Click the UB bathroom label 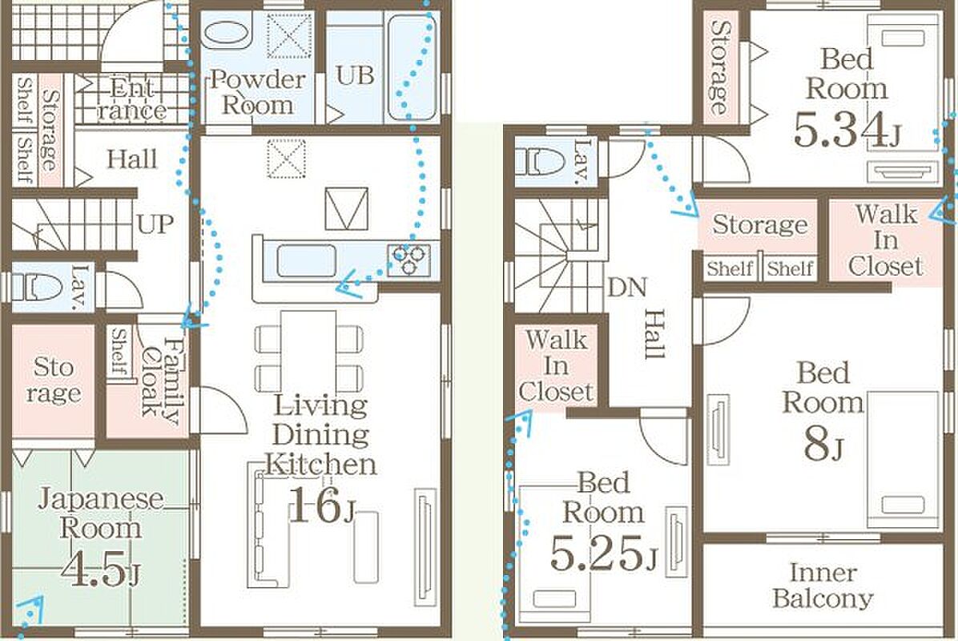point(355,76)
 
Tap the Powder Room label point(258,92)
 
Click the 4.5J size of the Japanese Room point(99,569)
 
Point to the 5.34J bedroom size point(847,130)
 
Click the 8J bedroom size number point(823,444)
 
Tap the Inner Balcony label point(823,586)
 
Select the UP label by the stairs point(156,224)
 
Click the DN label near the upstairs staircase point(627,287)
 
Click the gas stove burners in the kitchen point(409,260)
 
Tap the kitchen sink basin point(306,260)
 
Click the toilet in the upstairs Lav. point(540,161)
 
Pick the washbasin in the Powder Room point(226,33)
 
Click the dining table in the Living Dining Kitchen point(308,352)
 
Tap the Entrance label point(132,99)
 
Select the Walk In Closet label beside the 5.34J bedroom point(885,240)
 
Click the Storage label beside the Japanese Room point(53,380)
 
